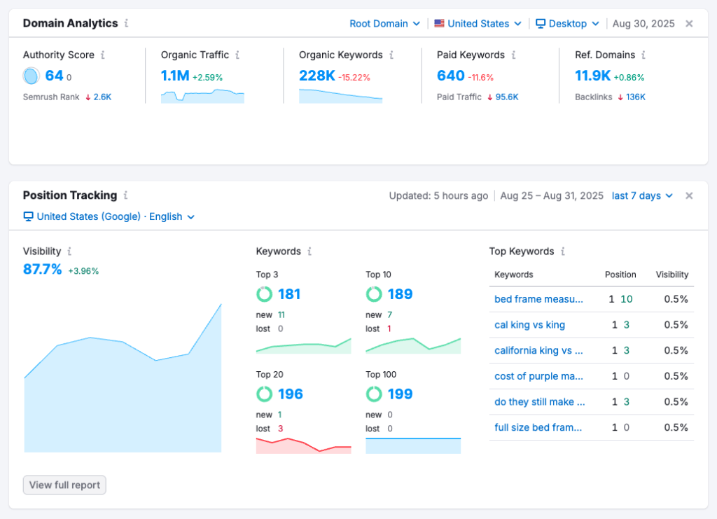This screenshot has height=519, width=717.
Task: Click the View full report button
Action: (x=64, y=485)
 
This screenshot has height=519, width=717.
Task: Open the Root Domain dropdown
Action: (x=384, y=23)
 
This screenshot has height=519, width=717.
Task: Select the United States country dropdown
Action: (x=478, y=23)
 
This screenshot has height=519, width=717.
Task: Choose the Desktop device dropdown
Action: (x=567, y=23)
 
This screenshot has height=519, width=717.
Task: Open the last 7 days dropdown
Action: (x=642, y=195)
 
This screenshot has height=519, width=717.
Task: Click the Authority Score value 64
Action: (x=54, y=76)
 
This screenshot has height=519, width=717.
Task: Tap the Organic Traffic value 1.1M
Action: (x=175, y=76)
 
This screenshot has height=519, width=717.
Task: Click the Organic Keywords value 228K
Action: (x=316, y=76)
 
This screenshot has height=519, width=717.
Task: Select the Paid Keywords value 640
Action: (x=450, y=76)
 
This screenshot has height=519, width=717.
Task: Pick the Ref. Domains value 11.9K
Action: (x=592, y=76)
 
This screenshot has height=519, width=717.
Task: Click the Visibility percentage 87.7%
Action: (x=43, y=270)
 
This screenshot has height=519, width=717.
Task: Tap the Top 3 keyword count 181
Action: (x=289, y=294)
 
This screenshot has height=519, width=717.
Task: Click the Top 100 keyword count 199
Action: (x=399, y=394)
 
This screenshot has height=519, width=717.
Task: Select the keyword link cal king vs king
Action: (x=529, y=325)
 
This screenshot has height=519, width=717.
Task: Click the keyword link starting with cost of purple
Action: (x=538, y=376)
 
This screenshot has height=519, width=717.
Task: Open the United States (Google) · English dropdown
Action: (x=109, y=216)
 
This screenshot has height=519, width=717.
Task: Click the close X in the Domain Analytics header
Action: (x=689, y=23)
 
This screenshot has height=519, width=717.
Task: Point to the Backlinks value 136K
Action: (x=636, y=97)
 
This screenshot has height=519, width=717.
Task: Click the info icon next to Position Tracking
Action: (x=126, y=195)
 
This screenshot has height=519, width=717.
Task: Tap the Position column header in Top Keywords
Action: (x=620, y=275)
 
